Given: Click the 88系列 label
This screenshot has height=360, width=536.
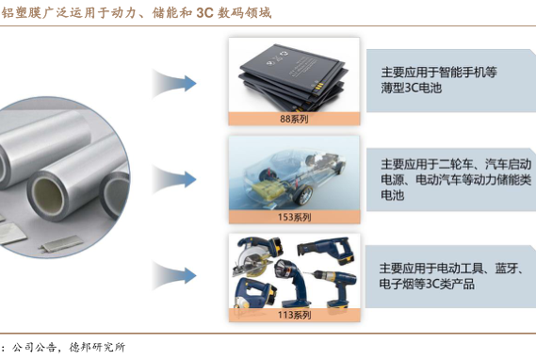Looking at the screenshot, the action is pyautogui.click(x=294, y=119).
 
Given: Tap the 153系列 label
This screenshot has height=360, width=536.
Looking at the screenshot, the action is pyautogui.click(x=294, y=217).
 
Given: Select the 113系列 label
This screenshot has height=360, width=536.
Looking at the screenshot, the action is pyautogui.click(x=294, y=315).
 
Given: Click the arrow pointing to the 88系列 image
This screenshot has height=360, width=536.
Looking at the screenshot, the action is pyautogui.click(x=174, y=84).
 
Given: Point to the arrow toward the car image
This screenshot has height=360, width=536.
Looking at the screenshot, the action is pyautogui.click(x=174, y=179).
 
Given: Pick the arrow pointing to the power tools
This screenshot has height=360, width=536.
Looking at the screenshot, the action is pyautogui.click(x=174, y=275).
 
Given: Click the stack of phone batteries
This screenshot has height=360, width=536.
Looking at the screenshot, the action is pyautogui.click(x=294, y=78).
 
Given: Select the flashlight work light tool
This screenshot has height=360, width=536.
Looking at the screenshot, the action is pyautogui.click(x=292, y=283).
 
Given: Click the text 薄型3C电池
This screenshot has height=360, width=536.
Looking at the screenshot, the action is pyautogui.click(x=412, y=88).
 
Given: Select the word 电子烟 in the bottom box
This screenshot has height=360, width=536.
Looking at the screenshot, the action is pyautogui.click(x=397, y=284).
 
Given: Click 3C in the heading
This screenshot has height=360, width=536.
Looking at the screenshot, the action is pyautogui.click(x=204, y=12).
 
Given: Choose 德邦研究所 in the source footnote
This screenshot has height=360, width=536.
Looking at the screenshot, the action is pyautogui.click(x=97, y=348).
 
